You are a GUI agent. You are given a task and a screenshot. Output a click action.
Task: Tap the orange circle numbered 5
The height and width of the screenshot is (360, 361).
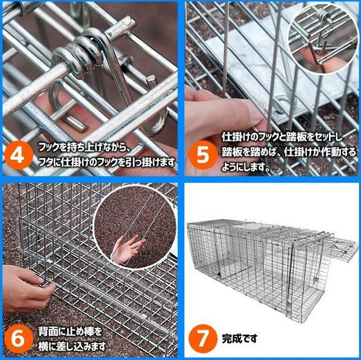click(x=203, y=155)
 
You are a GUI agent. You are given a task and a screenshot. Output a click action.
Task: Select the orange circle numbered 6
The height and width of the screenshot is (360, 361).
click(x=19, y=338)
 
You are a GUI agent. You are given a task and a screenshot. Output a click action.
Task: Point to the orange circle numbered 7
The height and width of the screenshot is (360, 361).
click(x=203, y=339)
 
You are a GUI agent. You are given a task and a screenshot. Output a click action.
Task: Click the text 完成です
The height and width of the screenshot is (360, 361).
click(x=239, y=338)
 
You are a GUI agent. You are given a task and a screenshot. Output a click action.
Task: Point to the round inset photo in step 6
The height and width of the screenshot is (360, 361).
click(x=135, y=227)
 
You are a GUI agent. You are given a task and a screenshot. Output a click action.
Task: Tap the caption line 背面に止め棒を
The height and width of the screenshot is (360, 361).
click(x=70, y=332)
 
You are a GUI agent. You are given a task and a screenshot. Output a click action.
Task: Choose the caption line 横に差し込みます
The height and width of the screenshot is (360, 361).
click(x=72, y=346)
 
